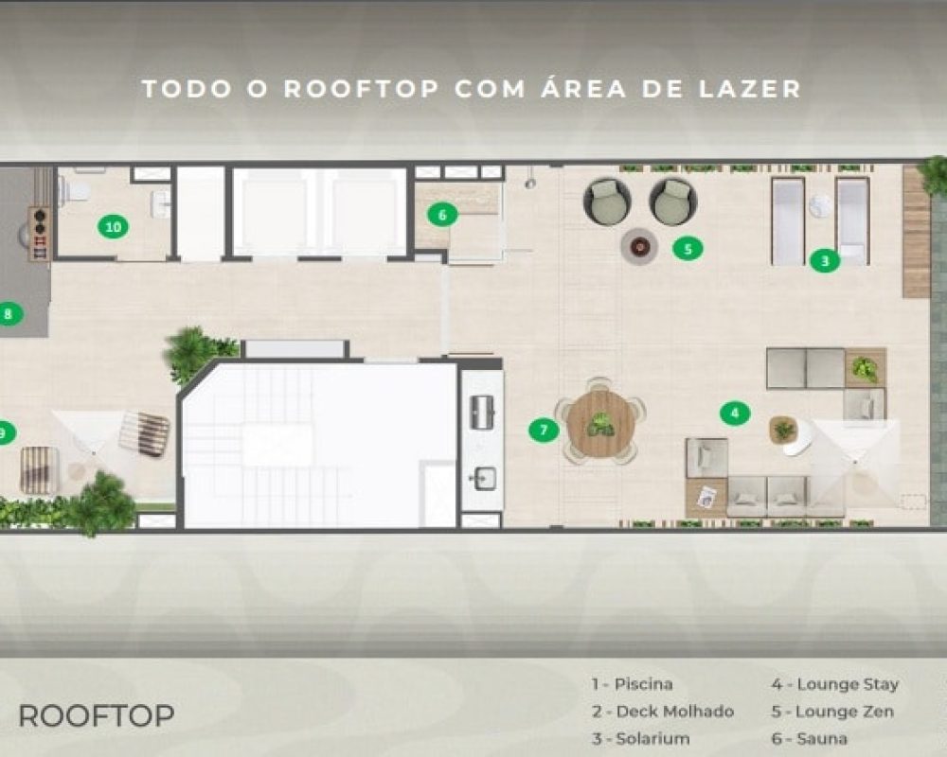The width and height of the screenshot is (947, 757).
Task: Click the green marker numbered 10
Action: pos(113,227)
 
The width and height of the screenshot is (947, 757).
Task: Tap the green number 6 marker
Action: pos(442,215)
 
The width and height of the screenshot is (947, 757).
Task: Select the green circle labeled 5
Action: pos(688,248)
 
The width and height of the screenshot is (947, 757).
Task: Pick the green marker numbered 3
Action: pos(825,261)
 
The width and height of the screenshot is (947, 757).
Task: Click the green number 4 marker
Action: pos(735,414)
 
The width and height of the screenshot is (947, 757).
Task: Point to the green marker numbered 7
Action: pos(544,430)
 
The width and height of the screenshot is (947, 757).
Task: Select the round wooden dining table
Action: pos(600,421)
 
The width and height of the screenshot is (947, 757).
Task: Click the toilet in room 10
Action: pos(74,189)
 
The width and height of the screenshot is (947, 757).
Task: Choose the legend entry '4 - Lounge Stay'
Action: pos(834,684)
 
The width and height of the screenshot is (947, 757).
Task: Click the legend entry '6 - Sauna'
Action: pos(809,738)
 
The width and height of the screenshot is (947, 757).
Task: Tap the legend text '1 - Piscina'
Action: pos(632,684)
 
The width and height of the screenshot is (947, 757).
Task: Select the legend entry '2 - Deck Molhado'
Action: pos(663,712)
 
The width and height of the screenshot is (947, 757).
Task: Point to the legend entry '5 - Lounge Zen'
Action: pos(832,712)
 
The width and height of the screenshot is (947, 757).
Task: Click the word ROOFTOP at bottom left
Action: pos(97,716)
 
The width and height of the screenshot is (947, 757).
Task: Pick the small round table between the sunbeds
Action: pos(819,205)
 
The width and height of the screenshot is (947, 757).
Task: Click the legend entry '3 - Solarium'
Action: pos(640,738)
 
